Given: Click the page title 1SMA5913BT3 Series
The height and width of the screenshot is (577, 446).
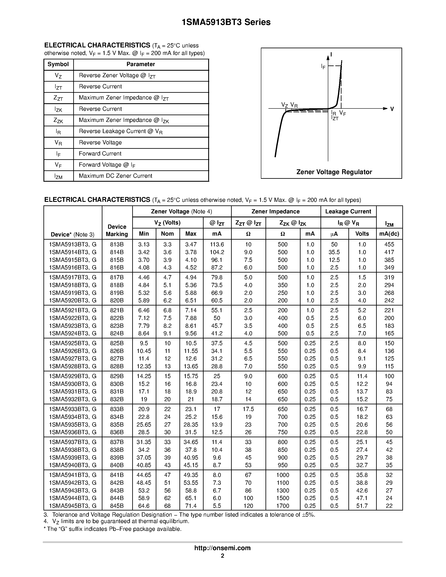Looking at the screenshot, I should point(226,22).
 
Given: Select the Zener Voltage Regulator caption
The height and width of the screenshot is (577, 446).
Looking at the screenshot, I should point(334,172).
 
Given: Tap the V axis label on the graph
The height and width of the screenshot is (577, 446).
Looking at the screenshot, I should point(392,109).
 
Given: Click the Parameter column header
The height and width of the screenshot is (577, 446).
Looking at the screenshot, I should point(141,64).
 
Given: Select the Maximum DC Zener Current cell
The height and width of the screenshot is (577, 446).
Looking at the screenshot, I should point(115,176).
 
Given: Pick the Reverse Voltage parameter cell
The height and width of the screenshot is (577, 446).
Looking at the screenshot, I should point(100,143).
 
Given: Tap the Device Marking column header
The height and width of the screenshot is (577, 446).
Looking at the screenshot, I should point(117,230).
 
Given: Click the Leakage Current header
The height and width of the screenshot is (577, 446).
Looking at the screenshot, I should point(348,211).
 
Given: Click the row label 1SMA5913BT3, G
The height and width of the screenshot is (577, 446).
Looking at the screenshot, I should point(73,244).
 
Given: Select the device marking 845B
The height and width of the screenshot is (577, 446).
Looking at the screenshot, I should point(117,506).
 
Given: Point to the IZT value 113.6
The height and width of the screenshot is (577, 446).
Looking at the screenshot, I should point(217,244).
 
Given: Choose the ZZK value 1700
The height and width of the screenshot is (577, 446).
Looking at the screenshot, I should point(283,506).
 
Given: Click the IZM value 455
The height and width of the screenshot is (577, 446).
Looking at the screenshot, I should point(389,244).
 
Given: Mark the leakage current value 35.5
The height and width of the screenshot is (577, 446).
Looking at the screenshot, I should point(334,252).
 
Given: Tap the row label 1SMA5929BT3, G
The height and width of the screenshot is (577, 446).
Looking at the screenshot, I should point(73,376).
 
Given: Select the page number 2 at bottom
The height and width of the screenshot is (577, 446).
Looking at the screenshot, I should point(222,556).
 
